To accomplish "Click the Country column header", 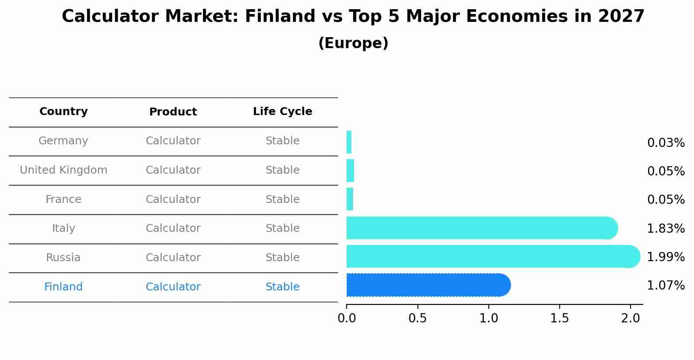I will pyautogui.click(x=63, y=112).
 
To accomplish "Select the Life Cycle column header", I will pyautogui.click(x=282, y=112).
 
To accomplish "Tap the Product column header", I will pyautogui.click(x=173, y=112).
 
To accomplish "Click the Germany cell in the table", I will pyautogui.click(x=63, y=141).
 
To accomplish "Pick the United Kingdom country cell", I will pyautogui.click(x=63, y=170).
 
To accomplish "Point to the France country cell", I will pyautogui.click(x=63, y=199).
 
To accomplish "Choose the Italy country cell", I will pyautogui.click(x=63, y=228).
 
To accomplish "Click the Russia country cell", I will pyautogui.click(x=63, y=258).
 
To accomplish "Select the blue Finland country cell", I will pyautogui.click(x=63, y=287).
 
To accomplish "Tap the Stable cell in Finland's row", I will pyautogui.click(x=282, y=287).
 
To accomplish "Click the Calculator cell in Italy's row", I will pyautogui.click(x=173, y=228).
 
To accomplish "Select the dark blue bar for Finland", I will pyautogui.click(x=428, y=285).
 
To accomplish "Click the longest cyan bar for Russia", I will pyautogui.click(x=493, y=256).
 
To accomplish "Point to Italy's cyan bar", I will pyautogui.click(x=481, y=228).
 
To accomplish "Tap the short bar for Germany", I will pyautogui.click(x=349, y=142).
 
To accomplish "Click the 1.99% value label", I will pyautogui.click(x=666, y=257).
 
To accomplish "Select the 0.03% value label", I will pyautogui.click(x=666, y=143).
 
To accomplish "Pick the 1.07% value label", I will pyautogui.click(x=666, y=286).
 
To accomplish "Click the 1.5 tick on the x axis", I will pyautogui.click(x=559, y=318).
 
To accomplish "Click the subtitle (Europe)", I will pyautogui.click(x=353, y=43).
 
